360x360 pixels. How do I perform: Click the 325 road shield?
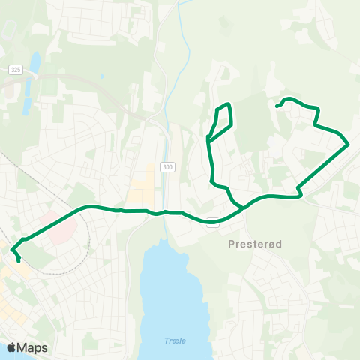tap(16, 70)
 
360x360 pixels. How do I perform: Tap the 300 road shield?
tap(166, 167)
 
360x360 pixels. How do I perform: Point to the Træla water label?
tap(175, 340)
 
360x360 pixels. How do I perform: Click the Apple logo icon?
tap(11, 347)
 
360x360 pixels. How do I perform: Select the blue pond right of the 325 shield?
tap(35, 61)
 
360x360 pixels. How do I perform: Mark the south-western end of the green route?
tap(19, 262)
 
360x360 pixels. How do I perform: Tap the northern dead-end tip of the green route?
tap(277, 106)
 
